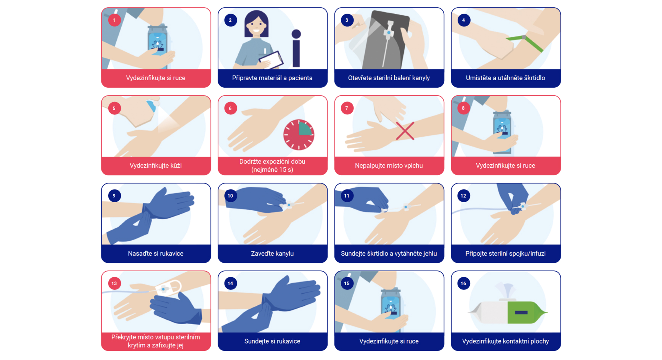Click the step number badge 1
(x=114, y=20)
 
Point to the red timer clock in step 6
(x=299, y=135)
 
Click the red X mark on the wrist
(x=405, y=131)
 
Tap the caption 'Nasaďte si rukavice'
(x=156, y=254)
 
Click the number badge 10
(x=230, y=196)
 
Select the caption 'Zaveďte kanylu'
(x=272, y=254)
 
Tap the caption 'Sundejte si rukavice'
(x=272, y=341)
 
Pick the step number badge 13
(x=114, y=283)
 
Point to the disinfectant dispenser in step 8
(x=502, y=132)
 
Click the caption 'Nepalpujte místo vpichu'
(x=389, y=166)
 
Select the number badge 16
(x=463, y=283)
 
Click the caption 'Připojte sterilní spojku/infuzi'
(x=506, y=254)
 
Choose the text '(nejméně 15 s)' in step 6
(x=272, y=170)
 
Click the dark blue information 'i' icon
(x=296, y=48)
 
